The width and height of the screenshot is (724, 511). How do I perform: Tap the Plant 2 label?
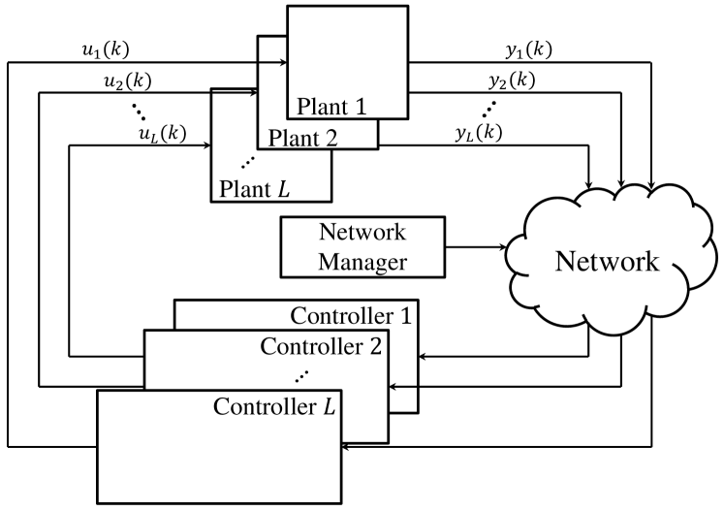coord(303,138)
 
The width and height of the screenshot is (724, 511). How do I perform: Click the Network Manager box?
coord(362,247)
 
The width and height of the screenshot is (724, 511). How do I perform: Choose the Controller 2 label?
coord(322,346)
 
